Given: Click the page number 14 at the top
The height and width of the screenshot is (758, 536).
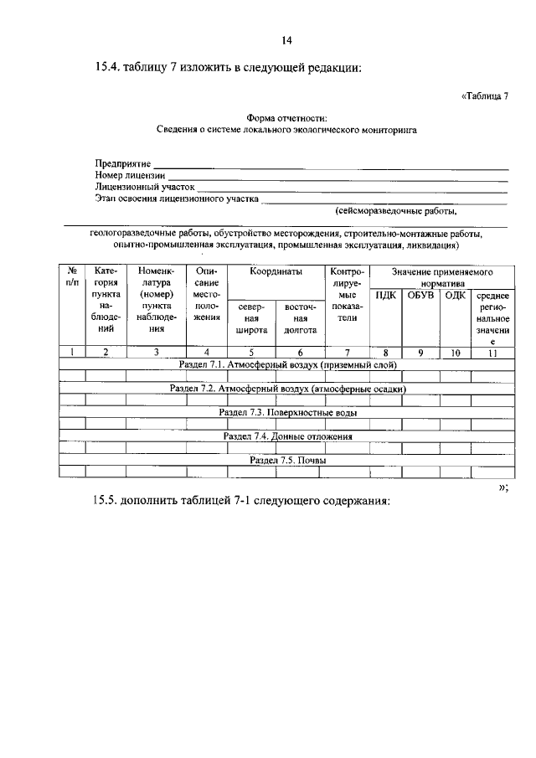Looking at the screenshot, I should tap(286, 39).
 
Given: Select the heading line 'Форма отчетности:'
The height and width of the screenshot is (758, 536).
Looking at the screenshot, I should tap(286, 118).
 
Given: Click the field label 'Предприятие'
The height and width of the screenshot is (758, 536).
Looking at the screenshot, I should tap(122, 163).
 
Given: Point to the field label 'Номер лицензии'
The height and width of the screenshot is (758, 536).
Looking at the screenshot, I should tap(130, 176).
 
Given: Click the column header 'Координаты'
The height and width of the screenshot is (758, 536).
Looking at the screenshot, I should tap(276, 272).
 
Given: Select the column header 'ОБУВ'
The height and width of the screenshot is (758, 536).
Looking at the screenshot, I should tap(420, 295).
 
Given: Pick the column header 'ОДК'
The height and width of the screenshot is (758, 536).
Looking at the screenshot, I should tap(455, 295).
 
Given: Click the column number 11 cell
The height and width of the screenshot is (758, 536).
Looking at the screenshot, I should tap(492, 353).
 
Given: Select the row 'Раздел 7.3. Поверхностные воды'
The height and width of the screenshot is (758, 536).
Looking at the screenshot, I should tap(287, 413).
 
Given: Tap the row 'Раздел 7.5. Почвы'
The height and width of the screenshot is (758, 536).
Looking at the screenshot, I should tap(287, 460).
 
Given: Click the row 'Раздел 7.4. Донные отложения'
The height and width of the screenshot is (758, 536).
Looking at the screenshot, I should tap(287, 436).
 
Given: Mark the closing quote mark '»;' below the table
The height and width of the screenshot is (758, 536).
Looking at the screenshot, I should tap(502, 488).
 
